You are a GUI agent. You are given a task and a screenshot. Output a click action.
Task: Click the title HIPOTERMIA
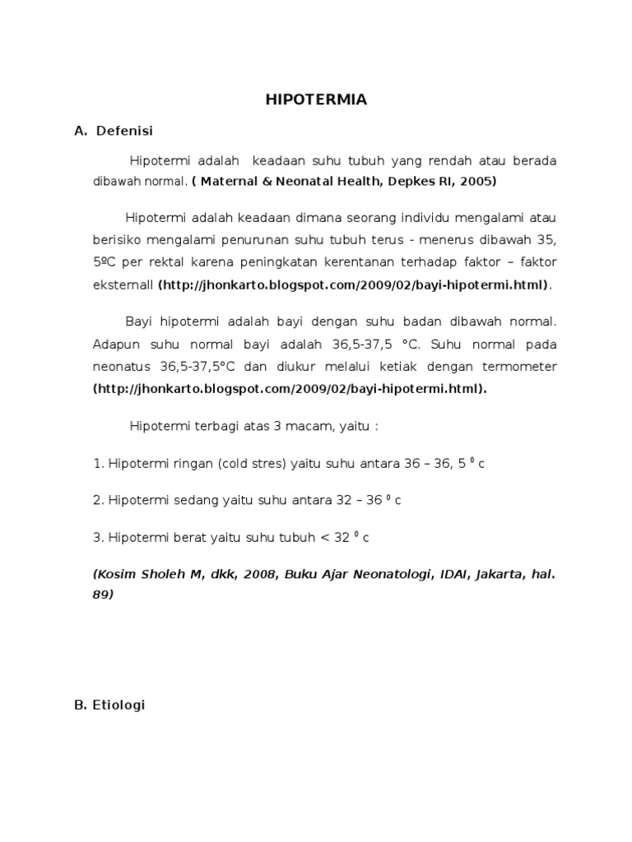(x=316, y=100)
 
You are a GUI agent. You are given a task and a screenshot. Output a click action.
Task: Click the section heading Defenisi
(x=124, y=130)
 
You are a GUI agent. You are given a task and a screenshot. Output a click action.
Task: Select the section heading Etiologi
(x=119, y=705)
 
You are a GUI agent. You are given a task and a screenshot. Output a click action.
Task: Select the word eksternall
(x=123, y=285)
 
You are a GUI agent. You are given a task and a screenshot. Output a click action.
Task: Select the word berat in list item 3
(x=188, y=538)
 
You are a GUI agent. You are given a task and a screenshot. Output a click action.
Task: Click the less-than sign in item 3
(x=324, y=538)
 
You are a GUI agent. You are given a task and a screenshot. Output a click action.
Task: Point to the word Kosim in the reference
(x=118, y=575)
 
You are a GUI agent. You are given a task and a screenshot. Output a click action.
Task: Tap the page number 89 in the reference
(x=102, y=596)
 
